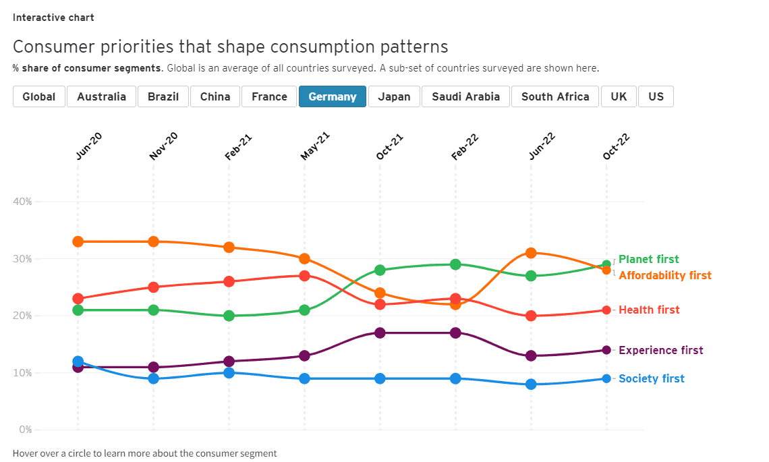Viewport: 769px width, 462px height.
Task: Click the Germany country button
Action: point(332,96)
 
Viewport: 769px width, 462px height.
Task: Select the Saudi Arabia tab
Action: point(465,96)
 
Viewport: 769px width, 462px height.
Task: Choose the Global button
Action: point(39,96)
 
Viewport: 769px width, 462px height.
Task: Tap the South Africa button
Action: point(555,96)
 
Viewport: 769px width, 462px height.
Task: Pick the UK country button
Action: point(619,96)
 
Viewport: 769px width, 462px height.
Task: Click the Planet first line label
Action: point(648,260)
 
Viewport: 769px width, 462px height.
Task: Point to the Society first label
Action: point(651,379)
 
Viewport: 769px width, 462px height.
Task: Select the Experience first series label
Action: point(660,351)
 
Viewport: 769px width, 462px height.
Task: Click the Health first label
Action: point(649,310)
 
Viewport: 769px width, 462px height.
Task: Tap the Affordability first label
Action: point(664,276)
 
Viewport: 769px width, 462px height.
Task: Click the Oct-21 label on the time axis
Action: point(390,146)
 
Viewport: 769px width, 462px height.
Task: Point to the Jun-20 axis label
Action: point(88,146)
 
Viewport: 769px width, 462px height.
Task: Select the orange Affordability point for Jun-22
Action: point(531,253)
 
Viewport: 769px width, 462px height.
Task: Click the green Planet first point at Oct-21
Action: point(380,270)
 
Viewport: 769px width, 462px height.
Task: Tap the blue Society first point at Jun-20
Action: point(78,362)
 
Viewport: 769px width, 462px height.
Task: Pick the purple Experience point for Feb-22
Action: point(455,333)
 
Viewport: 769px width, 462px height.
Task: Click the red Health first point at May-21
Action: point(304,276)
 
